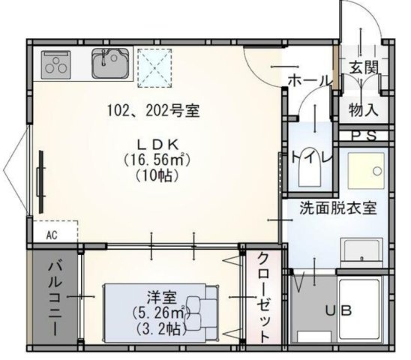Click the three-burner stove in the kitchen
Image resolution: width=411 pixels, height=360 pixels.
pos(55,64)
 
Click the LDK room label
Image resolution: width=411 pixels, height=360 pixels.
pos(155,144)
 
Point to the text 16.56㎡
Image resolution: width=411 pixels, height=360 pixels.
pos(155,160)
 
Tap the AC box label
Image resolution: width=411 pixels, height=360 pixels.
pos(52,234)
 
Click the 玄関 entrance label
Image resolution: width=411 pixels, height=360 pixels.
pos(363,67)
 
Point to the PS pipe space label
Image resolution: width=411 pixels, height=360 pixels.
pos(365,136)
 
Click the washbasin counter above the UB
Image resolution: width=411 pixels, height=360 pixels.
pos(361,250)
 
